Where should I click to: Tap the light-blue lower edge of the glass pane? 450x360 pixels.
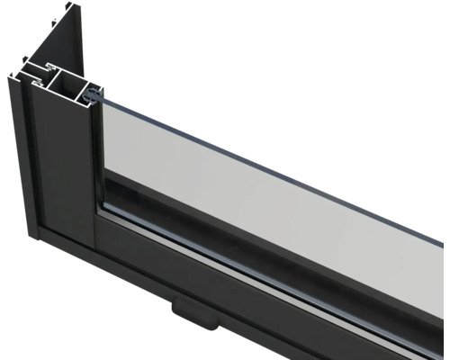click(270, 255)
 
